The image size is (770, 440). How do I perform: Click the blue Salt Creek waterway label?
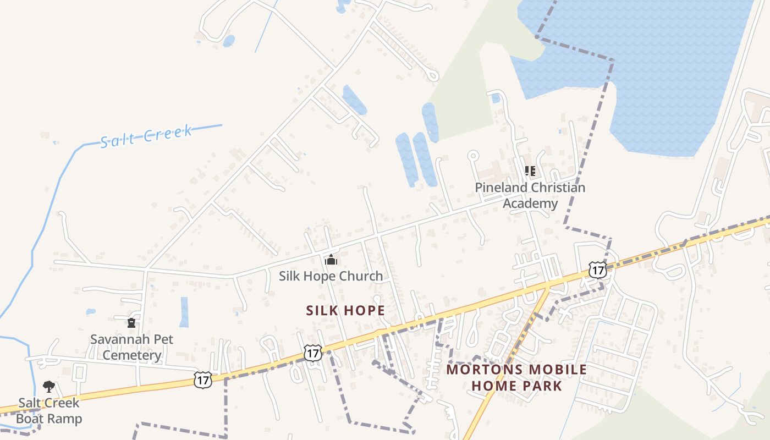146,135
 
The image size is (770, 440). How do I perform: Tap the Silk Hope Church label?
331,276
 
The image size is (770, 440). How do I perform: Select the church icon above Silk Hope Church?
331,260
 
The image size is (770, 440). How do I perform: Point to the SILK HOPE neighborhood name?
345,311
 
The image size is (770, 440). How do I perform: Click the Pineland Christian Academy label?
530,195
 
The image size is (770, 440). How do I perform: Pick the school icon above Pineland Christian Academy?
530,171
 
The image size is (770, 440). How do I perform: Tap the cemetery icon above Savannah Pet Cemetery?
131,322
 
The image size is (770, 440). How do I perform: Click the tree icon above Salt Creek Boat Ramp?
49,386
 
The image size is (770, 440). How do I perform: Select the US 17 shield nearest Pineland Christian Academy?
597,270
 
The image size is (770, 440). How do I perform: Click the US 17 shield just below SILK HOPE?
313,353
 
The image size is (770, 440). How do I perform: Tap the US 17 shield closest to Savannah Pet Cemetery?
203,380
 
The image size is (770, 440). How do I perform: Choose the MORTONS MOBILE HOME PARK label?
516,377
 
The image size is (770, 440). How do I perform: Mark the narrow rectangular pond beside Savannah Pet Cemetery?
184,312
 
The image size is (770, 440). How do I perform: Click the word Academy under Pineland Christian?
530,204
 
